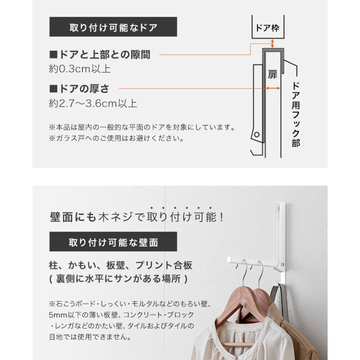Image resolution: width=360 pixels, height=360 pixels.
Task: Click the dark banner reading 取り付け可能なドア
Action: tap(113, 27)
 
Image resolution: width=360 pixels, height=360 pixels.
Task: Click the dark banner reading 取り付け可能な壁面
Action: tap(113, 242)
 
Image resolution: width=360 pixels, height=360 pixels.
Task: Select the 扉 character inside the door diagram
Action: tap(272, 75)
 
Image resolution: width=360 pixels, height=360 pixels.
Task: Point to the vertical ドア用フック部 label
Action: tap(296, 114)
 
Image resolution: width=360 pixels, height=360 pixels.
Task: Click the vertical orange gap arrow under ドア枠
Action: tap(272, 43)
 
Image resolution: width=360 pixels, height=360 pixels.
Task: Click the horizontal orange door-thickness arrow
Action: tap(273, 88)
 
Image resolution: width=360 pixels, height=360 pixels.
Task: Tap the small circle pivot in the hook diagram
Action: tap(257, 135)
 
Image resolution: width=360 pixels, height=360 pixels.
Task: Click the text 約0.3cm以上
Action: tap(80, 69)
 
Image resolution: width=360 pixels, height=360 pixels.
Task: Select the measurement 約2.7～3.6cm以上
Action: tap(93, 103)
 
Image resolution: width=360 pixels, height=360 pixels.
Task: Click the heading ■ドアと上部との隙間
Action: tap(100, 55)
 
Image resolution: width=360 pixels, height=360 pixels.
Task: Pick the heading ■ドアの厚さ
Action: tap(79, 89)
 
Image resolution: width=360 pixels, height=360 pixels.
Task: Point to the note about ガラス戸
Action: tap(116, 138)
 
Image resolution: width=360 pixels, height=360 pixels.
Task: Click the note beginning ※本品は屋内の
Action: tap(142, 127)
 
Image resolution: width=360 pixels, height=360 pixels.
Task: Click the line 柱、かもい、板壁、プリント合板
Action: tap(120, 265)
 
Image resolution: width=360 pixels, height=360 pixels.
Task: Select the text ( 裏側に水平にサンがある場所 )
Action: tap(119, 279)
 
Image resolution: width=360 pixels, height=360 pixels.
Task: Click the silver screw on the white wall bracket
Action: tap(282, 264)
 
